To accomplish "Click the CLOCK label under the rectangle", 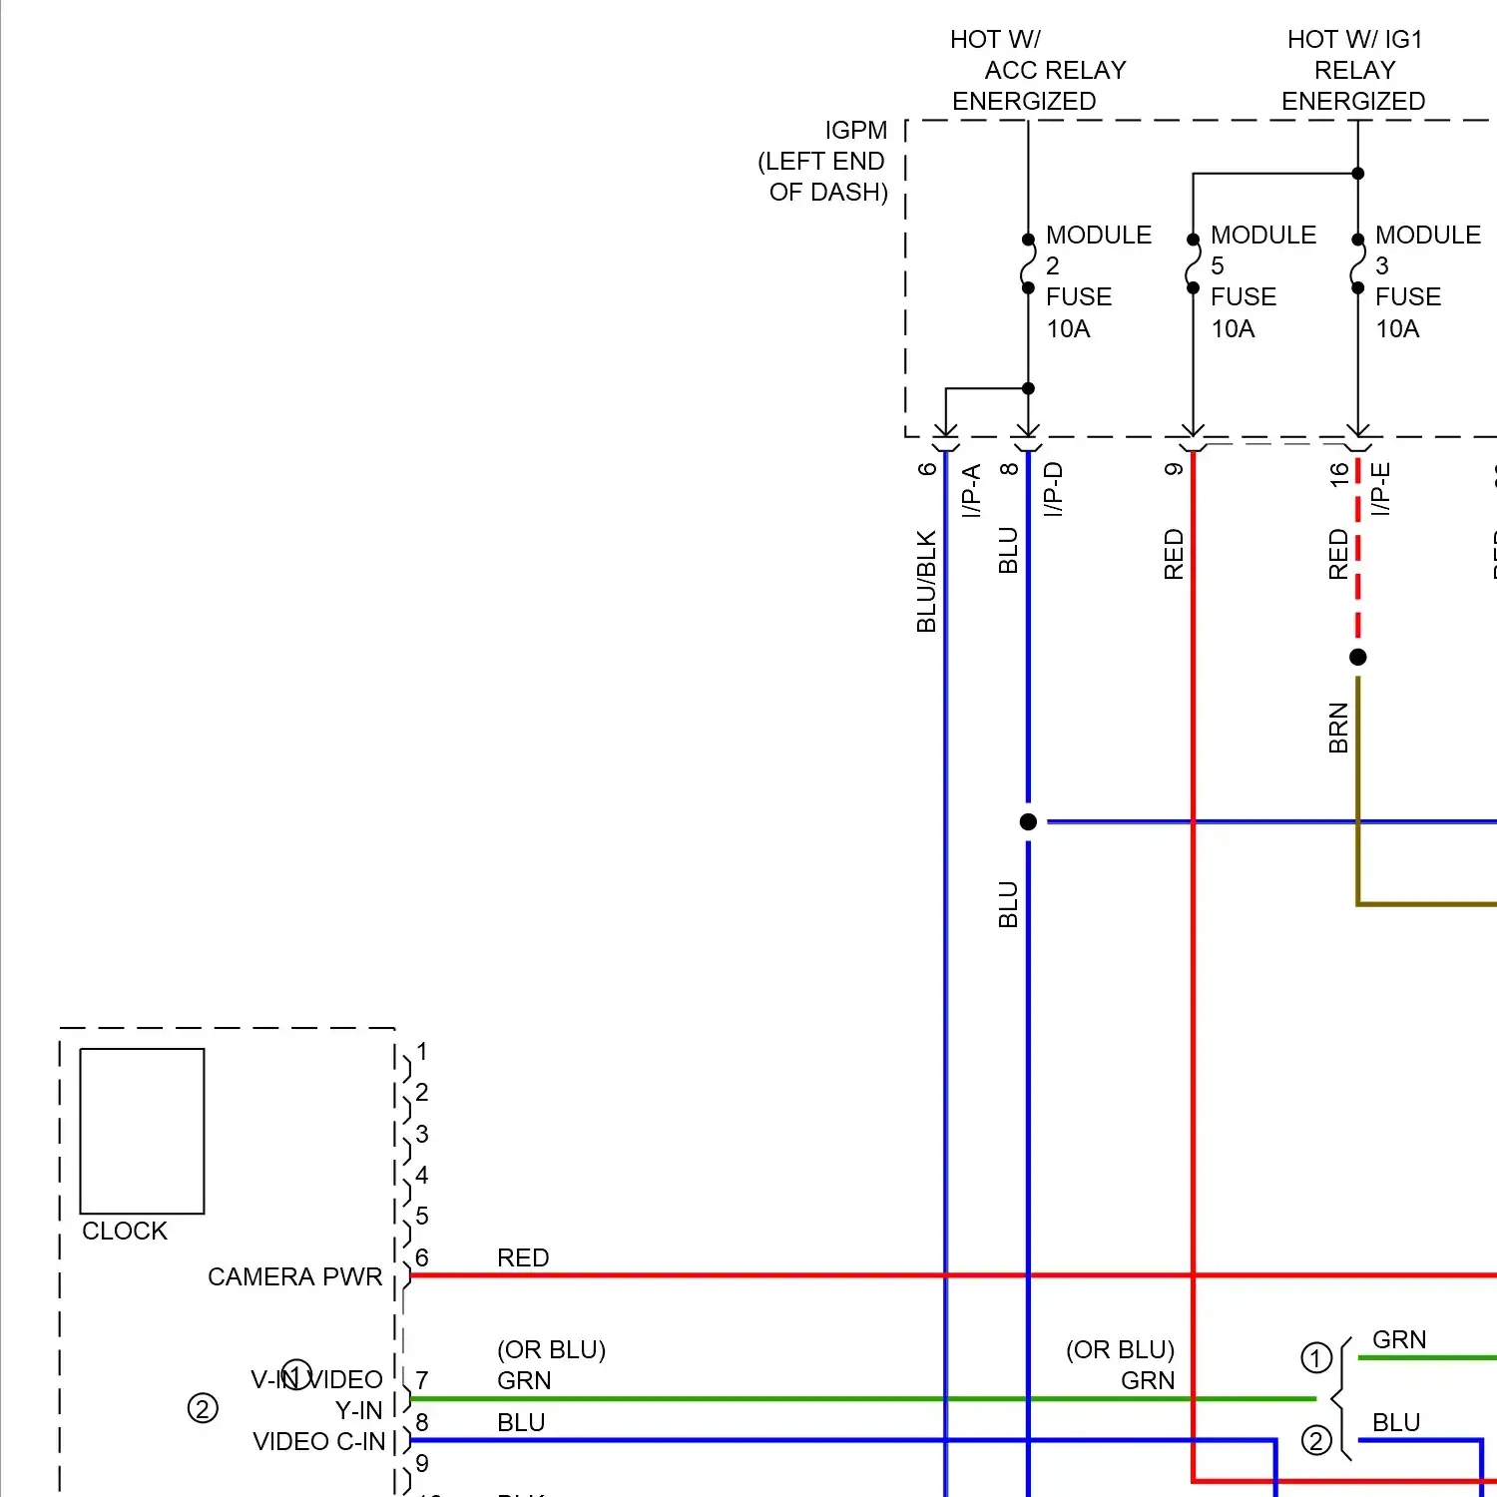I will [x=125, y=1231].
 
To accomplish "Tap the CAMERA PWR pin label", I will [x=294, y=1276].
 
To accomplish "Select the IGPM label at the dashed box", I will [x=855, y=131].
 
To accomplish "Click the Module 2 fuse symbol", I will [x=1028, y=264].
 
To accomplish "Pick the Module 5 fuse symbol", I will [x=1193, y=264].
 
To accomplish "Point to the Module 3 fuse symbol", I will [x=1357, y=264].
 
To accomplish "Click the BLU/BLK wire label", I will [x=926, y=582].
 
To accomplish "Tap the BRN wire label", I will [x=1338, y=728].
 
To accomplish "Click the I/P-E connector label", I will [x=1380, y=488].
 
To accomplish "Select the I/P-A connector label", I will [x=971, y=490].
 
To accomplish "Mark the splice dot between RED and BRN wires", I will [x=1357, y=657].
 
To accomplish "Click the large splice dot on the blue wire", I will [x=1028, y=821].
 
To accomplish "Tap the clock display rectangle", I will [x=142, y=1131].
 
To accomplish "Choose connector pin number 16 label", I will [x=1338, y=473].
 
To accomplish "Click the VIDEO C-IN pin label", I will [x=318, y=1441].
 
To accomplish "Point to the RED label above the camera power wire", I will [x=523, y=1257].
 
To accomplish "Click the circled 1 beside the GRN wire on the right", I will [x=1316, y=1357].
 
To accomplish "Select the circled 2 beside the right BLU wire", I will [x=1316, y=1440].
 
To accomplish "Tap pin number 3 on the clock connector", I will [x=422, y=1134].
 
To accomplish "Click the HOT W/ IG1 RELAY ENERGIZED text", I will [x=1354, y=70].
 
